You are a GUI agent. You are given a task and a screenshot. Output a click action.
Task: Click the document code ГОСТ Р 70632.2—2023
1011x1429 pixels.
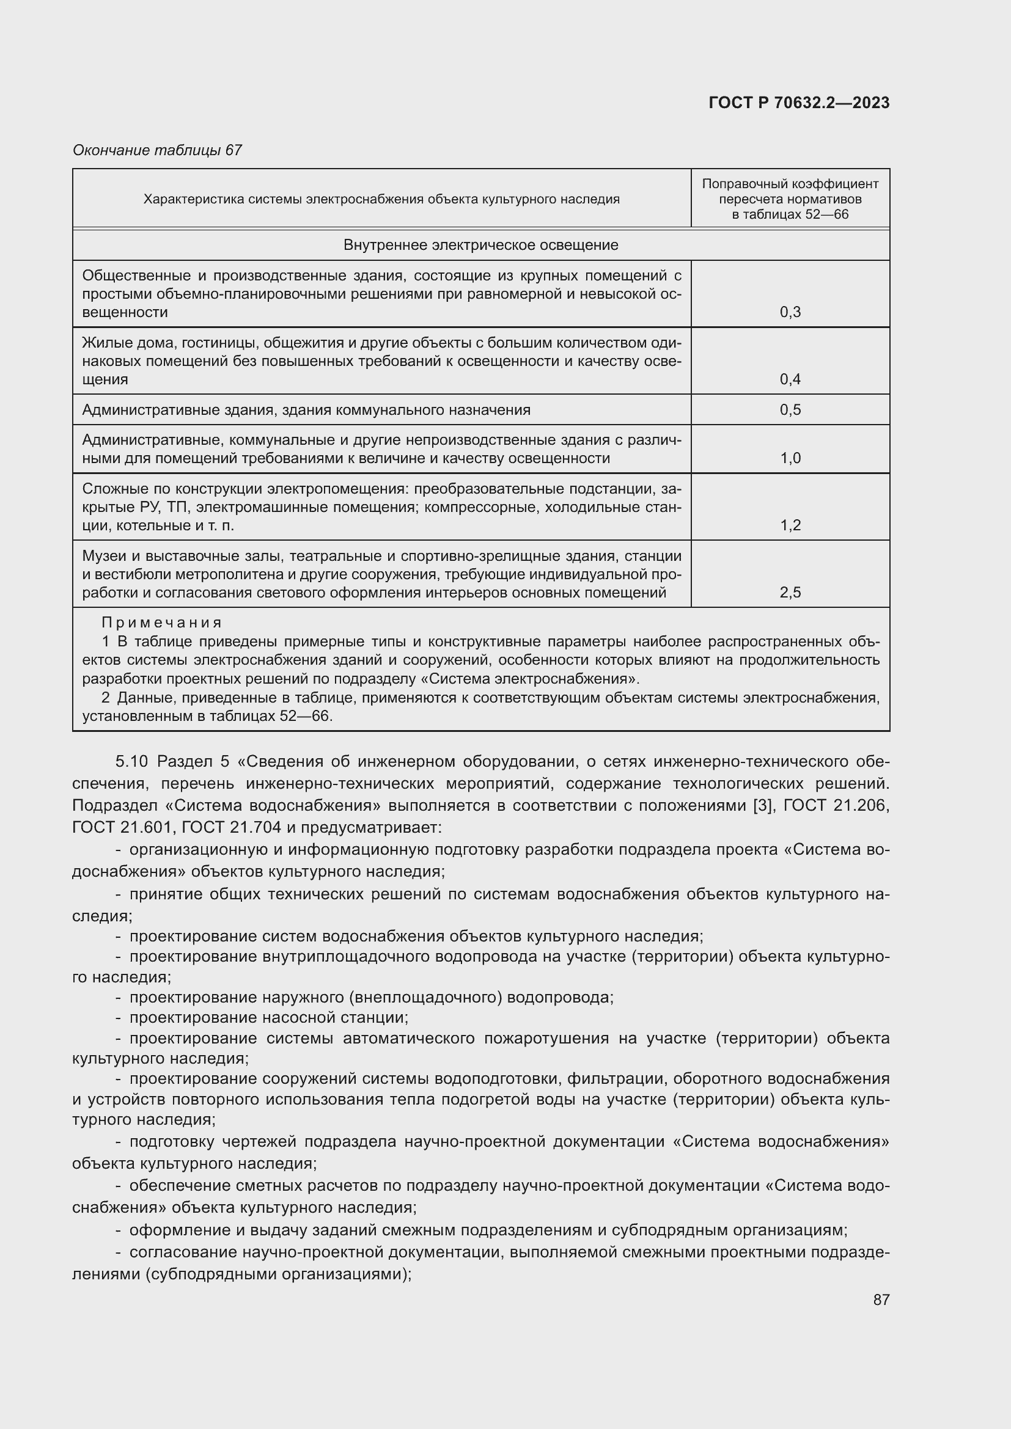click(799, 103)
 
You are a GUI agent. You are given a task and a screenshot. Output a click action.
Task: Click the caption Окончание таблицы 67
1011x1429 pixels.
click(157, 150)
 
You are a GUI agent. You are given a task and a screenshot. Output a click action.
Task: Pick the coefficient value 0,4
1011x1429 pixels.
click(790, 379)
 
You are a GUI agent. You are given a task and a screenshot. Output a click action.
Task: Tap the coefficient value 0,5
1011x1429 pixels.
click(790, 409)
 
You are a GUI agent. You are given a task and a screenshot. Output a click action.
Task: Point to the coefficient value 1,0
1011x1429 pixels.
click(790, 458)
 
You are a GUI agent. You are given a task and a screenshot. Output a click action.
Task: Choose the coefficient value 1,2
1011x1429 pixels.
click(790, 525)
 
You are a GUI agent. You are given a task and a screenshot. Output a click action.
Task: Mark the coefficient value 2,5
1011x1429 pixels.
click(790, 593)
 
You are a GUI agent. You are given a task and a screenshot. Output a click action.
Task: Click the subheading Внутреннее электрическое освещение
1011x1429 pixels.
click(480, 245)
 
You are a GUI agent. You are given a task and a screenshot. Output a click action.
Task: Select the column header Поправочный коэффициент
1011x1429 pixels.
click(790, 185)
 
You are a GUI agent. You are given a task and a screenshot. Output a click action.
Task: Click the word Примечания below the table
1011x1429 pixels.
click(161, 623)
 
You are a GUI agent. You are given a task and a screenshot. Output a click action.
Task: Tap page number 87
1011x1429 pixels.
click(881, 1299)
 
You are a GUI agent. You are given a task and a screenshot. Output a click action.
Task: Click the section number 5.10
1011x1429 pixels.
click(131, 762)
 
